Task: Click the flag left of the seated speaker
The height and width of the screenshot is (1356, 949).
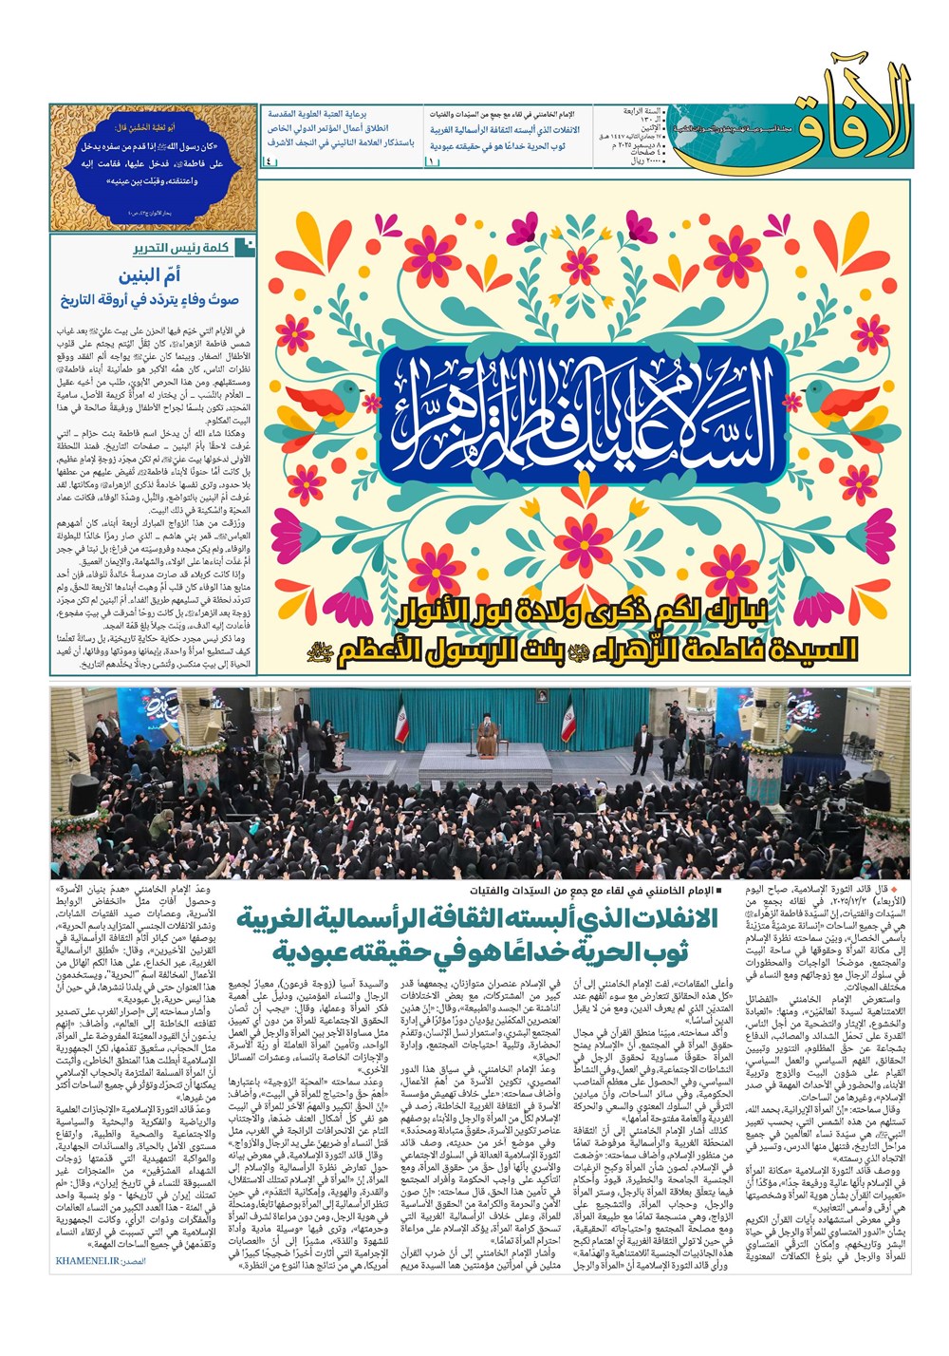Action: click(400, 719)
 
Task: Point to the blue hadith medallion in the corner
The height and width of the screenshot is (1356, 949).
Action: click(153, 168)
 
